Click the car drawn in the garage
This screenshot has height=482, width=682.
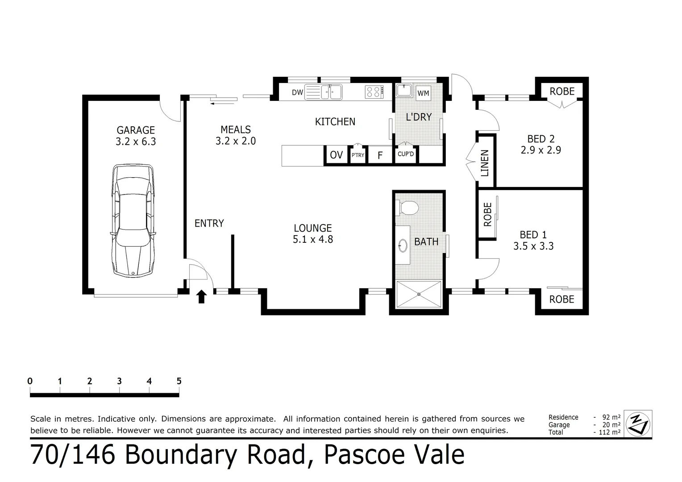[133, 221]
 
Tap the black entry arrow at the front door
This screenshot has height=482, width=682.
[202, 296]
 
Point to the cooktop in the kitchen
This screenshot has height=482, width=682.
[374, 92]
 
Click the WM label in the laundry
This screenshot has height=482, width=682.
[423, 93]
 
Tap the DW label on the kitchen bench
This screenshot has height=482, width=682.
[297, 93]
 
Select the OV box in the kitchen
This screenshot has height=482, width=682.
[336, 155]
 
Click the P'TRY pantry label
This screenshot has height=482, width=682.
[358, 155]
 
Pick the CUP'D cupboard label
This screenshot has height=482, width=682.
[406, 154]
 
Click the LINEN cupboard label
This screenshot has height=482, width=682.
[485, 163]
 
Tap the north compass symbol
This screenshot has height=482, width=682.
[638, 423]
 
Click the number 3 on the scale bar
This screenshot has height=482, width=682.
[119, 381]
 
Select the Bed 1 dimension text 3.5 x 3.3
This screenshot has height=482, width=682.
[533, 246]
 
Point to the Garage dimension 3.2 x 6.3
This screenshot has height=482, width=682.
[135, 142]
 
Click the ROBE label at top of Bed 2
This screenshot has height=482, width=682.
[562, 91]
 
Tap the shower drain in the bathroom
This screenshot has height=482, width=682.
[419, 294]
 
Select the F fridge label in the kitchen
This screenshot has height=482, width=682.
[380, 155]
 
